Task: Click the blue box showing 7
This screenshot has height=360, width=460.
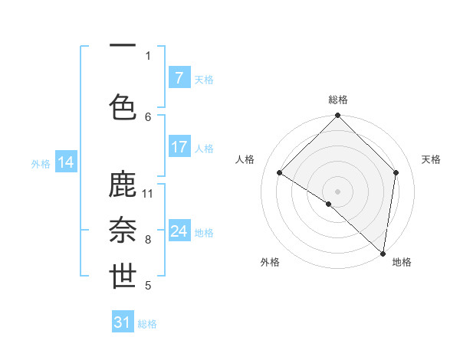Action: [179, 78]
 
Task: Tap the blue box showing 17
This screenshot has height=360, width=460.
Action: [179, 147]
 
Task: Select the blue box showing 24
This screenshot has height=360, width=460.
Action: [179, 231]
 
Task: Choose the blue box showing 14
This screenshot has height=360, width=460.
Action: [66, 162]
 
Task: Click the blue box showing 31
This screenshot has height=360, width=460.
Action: [123, 322]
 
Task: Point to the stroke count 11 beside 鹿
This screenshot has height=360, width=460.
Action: [148, 193]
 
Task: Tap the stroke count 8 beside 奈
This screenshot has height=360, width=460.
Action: [148, 240]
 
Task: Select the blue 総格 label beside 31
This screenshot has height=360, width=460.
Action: [147, 324]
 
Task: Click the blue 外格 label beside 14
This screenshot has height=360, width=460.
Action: [41, 163]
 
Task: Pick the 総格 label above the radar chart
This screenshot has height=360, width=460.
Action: [337, 100]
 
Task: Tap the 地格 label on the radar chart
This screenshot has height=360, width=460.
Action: [402, 262]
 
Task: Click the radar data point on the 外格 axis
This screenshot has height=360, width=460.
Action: [329, 204]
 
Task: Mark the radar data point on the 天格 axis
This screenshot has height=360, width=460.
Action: [396, 172]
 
